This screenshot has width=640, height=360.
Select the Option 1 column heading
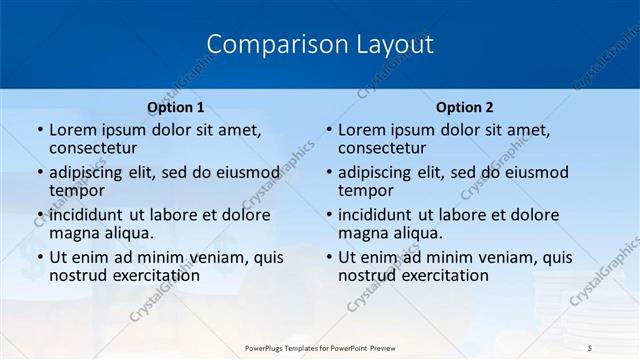[x=176, y=106]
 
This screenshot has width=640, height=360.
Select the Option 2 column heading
[x=465, y=106]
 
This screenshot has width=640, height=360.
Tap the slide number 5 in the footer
[x=590, y=347]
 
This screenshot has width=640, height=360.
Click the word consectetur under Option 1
[x=94, y=148]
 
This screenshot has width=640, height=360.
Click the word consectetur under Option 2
[x=383, y=148]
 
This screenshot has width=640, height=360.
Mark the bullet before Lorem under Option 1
[x=39, y=131]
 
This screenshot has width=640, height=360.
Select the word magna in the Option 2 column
[x=364, y=233]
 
